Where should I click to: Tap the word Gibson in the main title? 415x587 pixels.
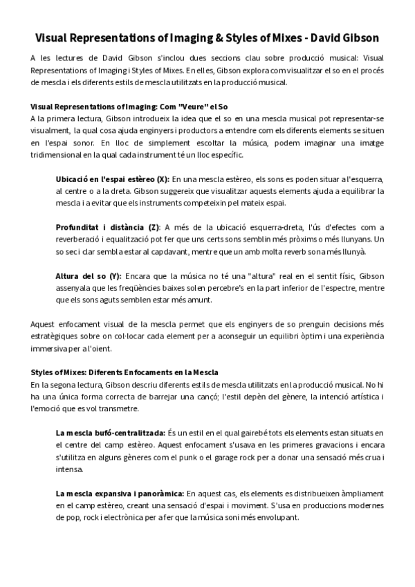click(355, 37)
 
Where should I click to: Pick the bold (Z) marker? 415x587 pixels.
click(153, 227)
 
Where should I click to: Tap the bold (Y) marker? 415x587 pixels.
click(113, 276)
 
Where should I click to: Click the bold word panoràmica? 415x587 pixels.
click(155, 493)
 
